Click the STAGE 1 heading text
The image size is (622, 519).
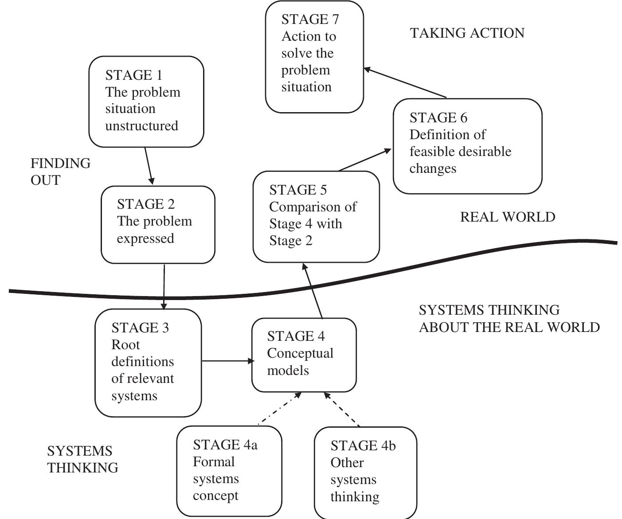pyautogui.click(x=133, y=75)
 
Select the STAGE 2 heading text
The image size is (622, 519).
pyautogui.click(x=145, y=204)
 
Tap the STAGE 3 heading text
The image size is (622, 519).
pyautogui.click(x=140, y=328)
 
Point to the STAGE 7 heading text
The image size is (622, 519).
pyautogui.click(x=310, y=19)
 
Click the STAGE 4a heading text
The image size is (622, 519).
pyautogui.click(x=225, y=445)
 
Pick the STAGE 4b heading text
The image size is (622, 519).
pyautogui.click(x=363, y=445)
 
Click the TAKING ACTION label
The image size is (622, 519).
pyautogui.click(x=467, y=33)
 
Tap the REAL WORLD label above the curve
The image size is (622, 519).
pyautogui.click(x=507, y=217)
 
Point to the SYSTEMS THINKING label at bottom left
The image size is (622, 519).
pyautogui.click(x=82, y=459)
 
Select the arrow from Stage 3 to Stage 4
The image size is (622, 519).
pyautogui.click(x=227, y=361)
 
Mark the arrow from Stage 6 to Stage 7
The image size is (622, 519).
pyautogui.click(x=404, y=82)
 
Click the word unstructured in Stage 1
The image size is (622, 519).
pyautogui.click(x=141, y=126)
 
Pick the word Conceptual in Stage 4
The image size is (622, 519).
pyautogui.click(x=300, y=353)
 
